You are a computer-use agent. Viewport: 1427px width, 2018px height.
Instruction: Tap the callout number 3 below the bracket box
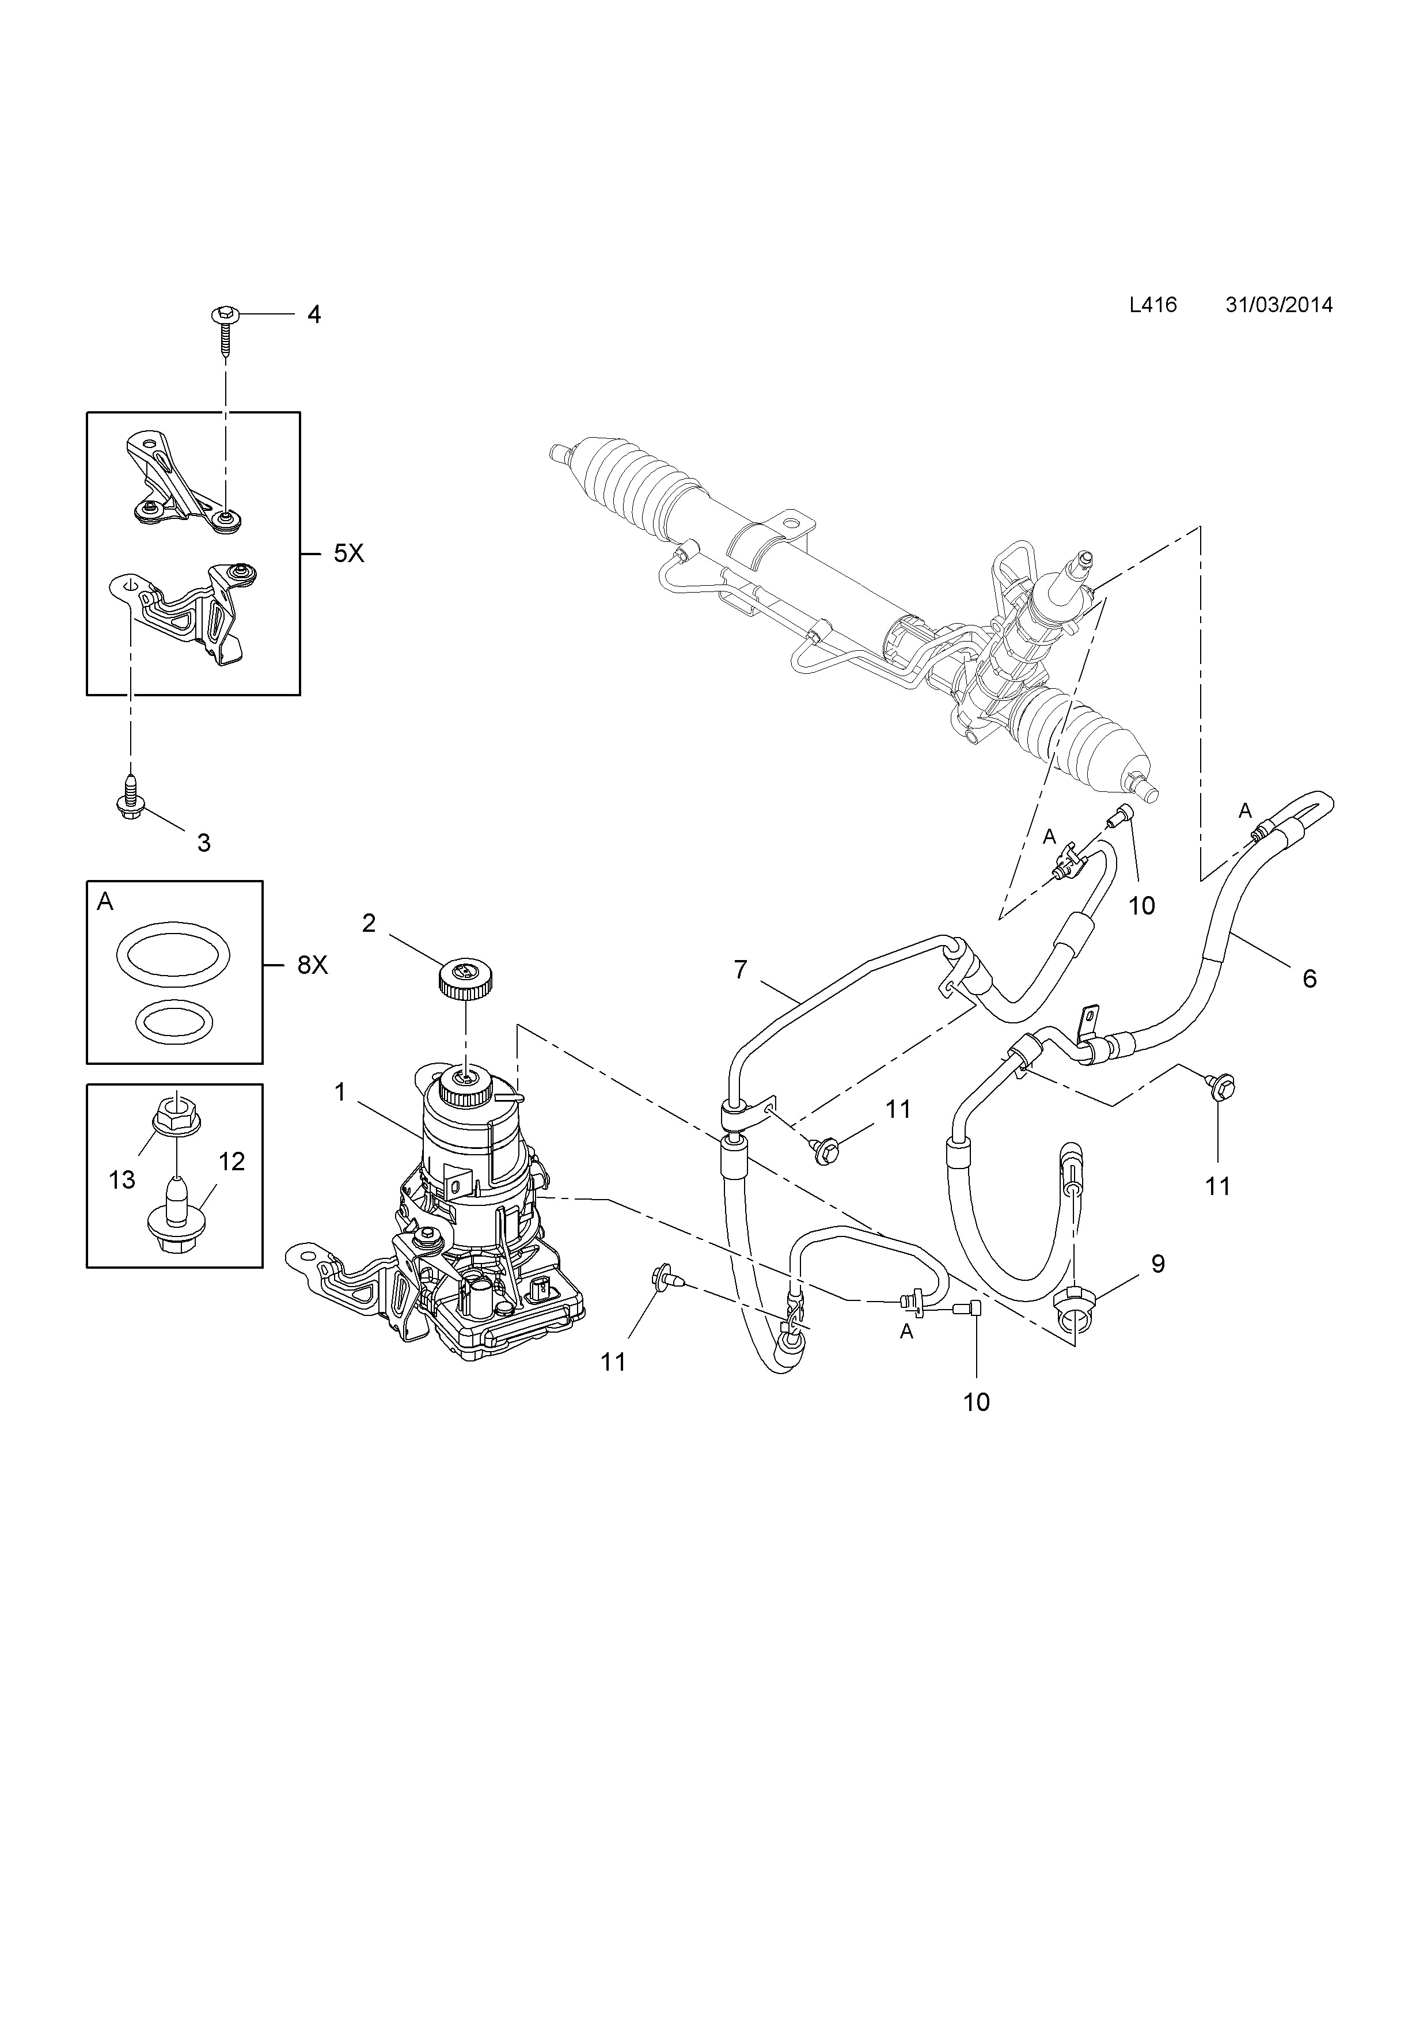pos(204,843)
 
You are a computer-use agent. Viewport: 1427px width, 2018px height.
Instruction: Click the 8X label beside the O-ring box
pos(312,965)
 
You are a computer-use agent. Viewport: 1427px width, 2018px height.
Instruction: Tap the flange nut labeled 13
pos(177,1119)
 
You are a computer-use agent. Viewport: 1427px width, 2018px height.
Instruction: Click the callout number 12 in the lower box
pos(231,1162)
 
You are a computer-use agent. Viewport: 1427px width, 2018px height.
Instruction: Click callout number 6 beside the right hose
pos(1310,978)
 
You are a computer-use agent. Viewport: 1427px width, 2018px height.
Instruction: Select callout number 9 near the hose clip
pos(1158,1264)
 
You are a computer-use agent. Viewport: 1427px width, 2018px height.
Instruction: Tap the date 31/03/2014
pos(1278,305)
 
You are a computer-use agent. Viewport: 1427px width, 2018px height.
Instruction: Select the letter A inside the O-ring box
pos(105,902)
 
